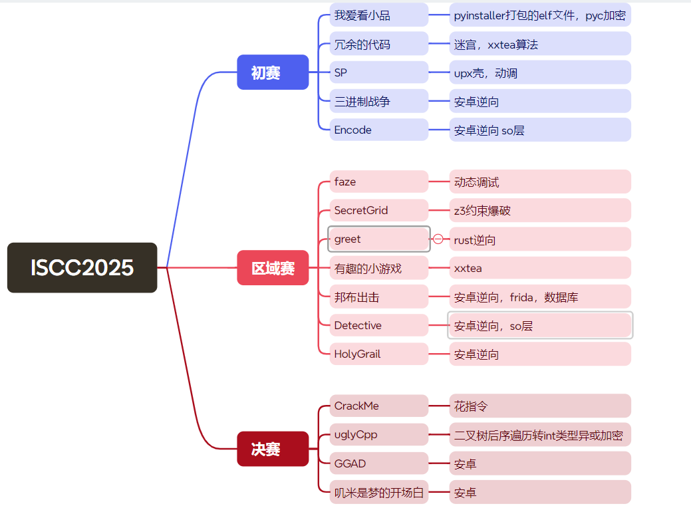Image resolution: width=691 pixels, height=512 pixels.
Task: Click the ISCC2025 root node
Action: (x=82, y=267)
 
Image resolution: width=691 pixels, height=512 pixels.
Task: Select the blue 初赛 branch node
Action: (x=273, y=72)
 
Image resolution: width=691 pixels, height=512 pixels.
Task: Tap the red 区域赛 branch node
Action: (x=273, y=268)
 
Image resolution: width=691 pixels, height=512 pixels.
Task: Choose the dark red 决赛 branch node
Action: (x=273, y=449)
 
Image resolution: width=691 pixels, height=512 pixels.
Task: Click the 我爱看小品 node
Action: (x=378, y=15)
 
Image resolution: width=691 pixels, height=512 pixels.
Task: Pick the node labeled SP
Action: (x=378, y=72)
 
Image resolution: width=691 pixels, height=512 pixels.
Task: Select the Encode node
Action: (x=378, y=130)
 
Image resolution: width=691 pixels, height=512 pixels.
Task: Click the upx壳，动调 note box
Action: (x=539, y=72)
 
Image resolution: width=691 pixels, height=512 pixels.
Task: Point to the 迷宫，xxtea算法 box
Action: (x=539, y=44)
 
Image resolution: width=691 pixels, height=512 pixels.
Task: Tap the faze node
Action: (x=378, y=182)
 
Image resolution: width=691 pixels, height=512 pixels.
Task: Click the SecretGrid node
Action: (x=378, y=210)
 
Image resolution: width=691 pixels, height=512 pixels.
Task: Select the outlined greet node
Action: (x=378, y=239)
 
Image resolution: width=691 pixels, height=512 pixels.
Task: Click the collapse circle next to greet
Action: (x=438, y=239)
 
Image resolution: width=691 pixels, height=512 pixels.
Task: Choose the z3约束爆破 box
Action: (x=539, y=210)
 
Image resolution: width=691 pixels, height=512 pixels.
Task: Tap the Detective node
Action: (x=378, y=325)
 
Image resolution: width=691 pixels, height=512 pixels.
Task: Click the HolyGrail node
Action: (x=378, y=354)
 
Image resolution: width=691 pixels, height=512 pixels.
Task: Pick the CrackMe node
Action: (x=378, y=406)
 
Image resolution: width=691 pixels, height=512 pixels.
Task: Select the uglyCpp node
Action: (x=378, y=434)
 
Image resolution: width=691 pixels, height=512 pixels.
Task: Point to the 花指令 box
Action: (x=539, y=406)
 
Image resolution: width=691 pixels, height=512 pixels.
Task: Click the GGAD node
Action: (x=378, y=463)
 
